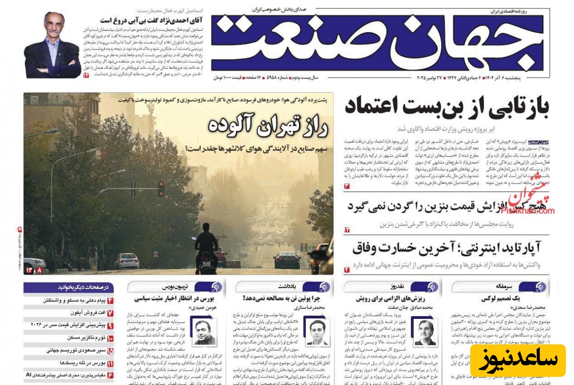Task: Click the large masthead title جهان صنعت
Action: [378, 43]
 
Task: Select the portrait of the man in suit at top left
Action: [53, 45]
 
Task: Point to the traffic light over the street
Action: [161, 188]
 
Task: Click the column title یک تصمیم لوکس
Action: [500, 298]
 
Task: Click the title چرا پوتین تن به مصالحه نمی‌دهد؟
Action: [283, 298]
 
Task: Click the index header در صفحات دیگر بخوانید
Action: [69, 287]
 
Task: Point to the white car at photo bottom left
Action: [126, 261]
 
